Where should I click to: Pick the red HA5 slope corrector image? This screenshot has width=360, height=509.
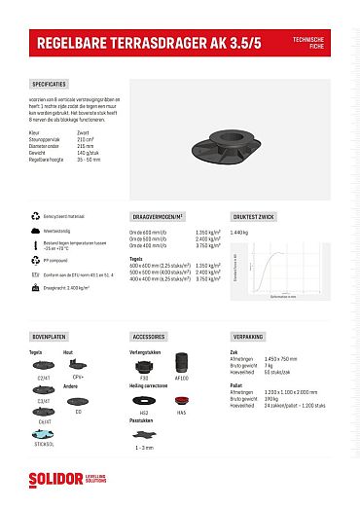181,401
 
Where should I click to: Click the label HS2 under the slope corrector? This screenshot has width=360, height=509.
144,413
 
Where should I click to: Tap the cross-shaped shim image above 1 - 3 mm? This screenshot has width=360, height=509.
144,435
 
